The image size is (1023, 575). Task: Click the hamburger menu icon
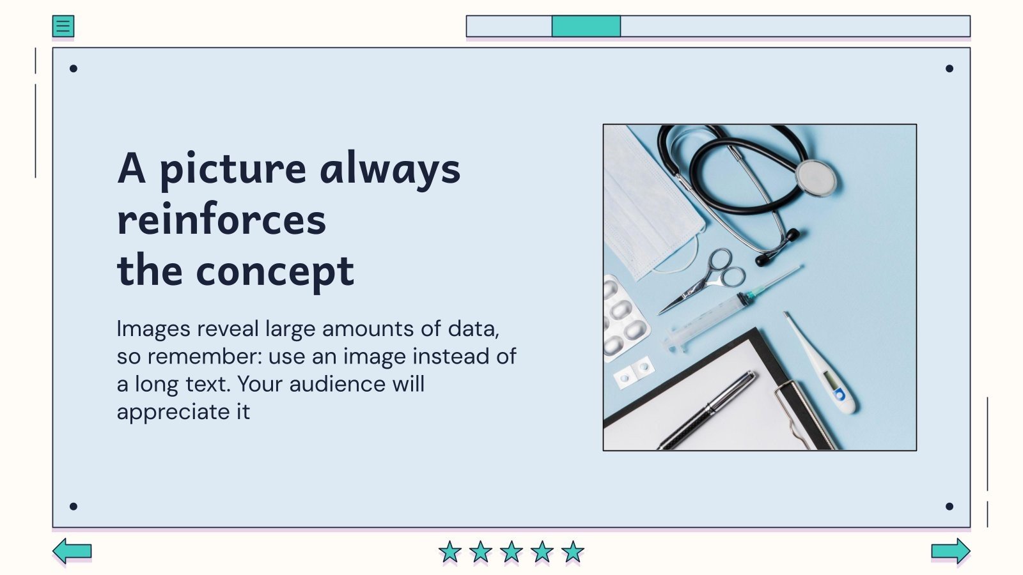(x=63, y=26)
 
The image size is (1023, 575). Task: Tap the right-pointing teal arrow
(x=951, y=551)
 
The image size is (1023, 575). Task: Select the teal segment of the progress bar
(x=586, y=26)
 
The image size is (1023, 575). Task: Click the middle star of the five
(x=511, y=551)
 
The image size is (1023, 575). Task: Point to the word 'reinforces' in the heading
(x=221, y=220)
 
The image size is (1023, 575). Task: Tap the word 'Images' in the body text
(x=153, y=328)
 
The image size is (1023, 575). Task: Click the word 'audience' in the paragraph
(x=337, y=384)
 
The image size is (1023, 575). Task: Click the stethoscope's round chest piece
(x=815, y=177)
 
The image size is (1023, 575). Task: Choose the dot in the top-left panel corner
(x=74, y=68)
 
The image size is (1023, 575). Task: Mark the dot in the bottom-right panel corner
(x=949, y=506)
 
